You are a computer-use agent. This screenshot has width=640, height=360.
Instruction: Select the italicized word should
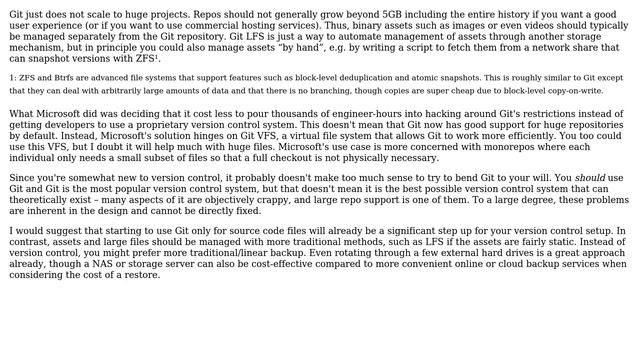590,177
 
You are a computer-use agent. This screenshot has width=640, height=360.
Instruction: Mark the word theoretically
44,199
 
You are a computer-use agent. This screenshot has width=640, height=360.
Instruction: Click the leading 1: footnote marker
12,77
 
